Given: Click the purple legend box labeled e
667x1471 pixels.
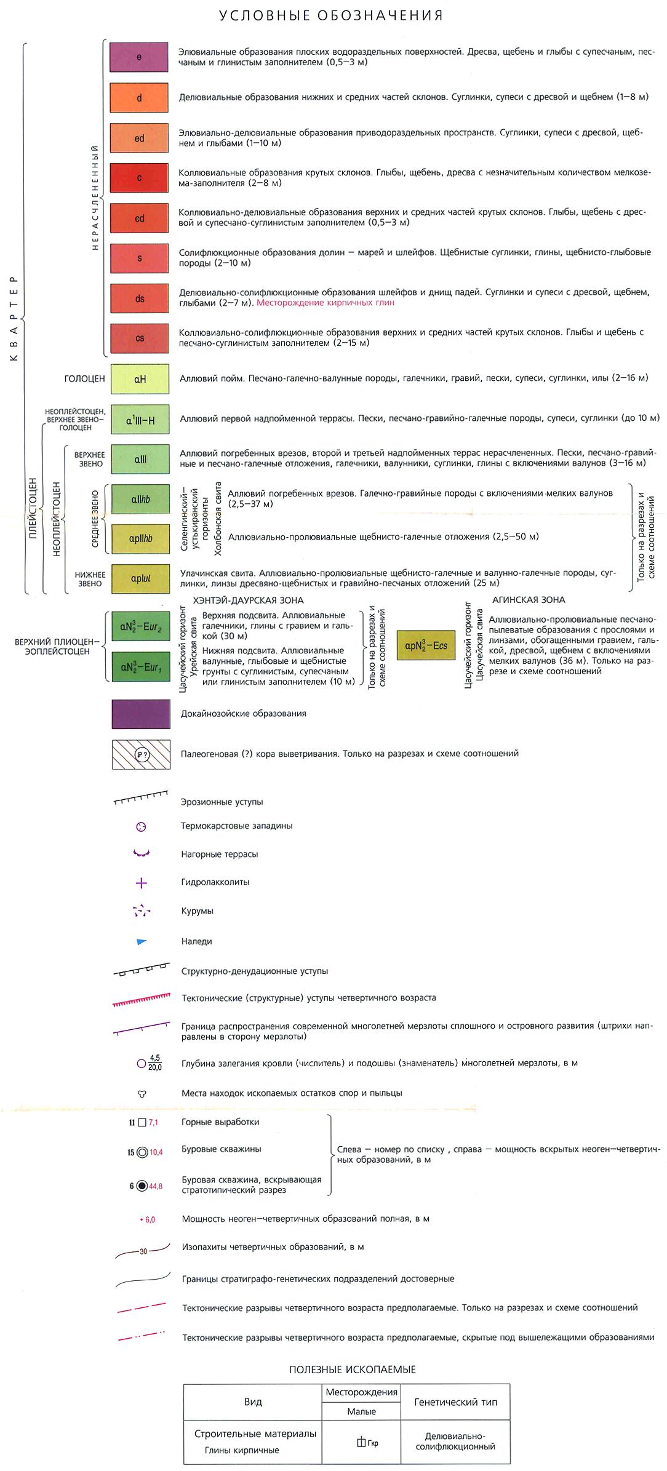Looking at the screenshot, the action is (139, 57).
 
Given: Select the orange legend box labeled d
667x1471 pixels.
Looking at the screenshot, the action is (139, 98).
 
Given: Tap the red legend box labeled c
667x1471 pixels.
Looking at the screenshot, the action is (139, 178).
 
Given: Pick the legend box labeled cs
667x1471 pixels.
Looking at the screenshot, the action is (140, 338).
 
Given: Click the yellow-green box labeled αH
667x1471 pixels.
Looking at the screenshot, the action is (140, 379).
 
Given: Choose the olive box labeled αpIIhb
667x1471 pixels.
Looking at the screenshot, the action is (140, 538).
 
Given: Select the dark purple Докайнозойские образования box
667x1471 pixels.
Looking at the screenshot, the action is (141, 714).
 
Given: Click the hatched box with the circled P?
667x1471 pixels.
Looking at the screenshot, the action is (141, 754).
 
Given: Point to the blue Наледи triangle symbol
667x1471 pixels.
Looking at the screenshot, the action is (142, 941).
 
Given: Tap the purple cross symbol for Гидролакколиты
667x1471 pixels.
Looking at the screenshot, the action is (141, 883).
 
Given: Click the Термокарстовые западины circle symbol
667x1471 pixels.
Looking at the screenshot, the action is (141, 827).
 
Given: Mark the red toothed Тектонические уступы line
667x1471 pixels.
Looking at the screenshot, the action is (141, 999).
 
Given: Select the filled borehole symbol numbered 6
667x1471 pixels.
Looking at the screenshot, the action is (142, 1186).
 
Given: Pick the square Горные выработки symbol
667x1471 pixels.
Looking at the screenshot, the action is (142, 1123).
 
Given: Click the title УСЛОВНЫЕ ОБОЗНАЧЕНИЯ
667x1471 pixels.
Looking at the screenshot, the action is (331, 15).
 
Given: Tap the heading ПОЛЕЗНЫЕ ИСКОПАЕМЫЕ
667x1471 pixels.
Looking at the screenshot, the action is (353, 1369).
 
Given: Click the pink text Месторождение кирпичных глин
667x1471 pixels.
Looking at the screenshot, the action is (326, 303).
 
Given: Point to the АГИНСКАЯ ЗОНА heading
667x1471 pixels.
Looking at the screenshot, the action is (529, 600).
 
